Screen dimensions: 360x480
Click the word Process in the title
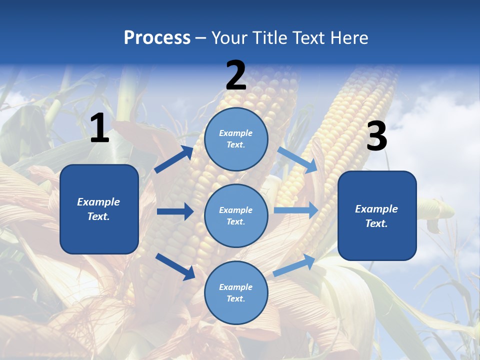click(157, 38)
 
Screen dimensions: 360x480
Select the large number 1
click(99, 128)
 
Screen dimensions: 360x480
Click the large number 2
click(236, 76)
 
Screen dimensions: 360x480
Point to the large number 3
click(376, 137)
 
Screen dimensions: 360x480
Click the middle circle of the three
click(236, 215)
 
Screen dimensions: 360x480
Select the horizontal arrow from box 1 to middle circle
click(175, 211)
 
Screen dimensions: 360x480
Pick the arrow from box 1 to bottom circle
click(175, 266)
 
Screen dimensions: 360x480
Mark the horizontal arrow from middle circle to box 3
click(295, 210)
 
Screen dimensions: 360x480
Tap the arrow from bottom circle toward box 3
click(294, 265)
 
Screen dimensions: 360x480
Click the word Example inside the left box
click(98, 202)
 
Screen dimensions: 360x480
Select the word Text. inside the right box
click(376, 223)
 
